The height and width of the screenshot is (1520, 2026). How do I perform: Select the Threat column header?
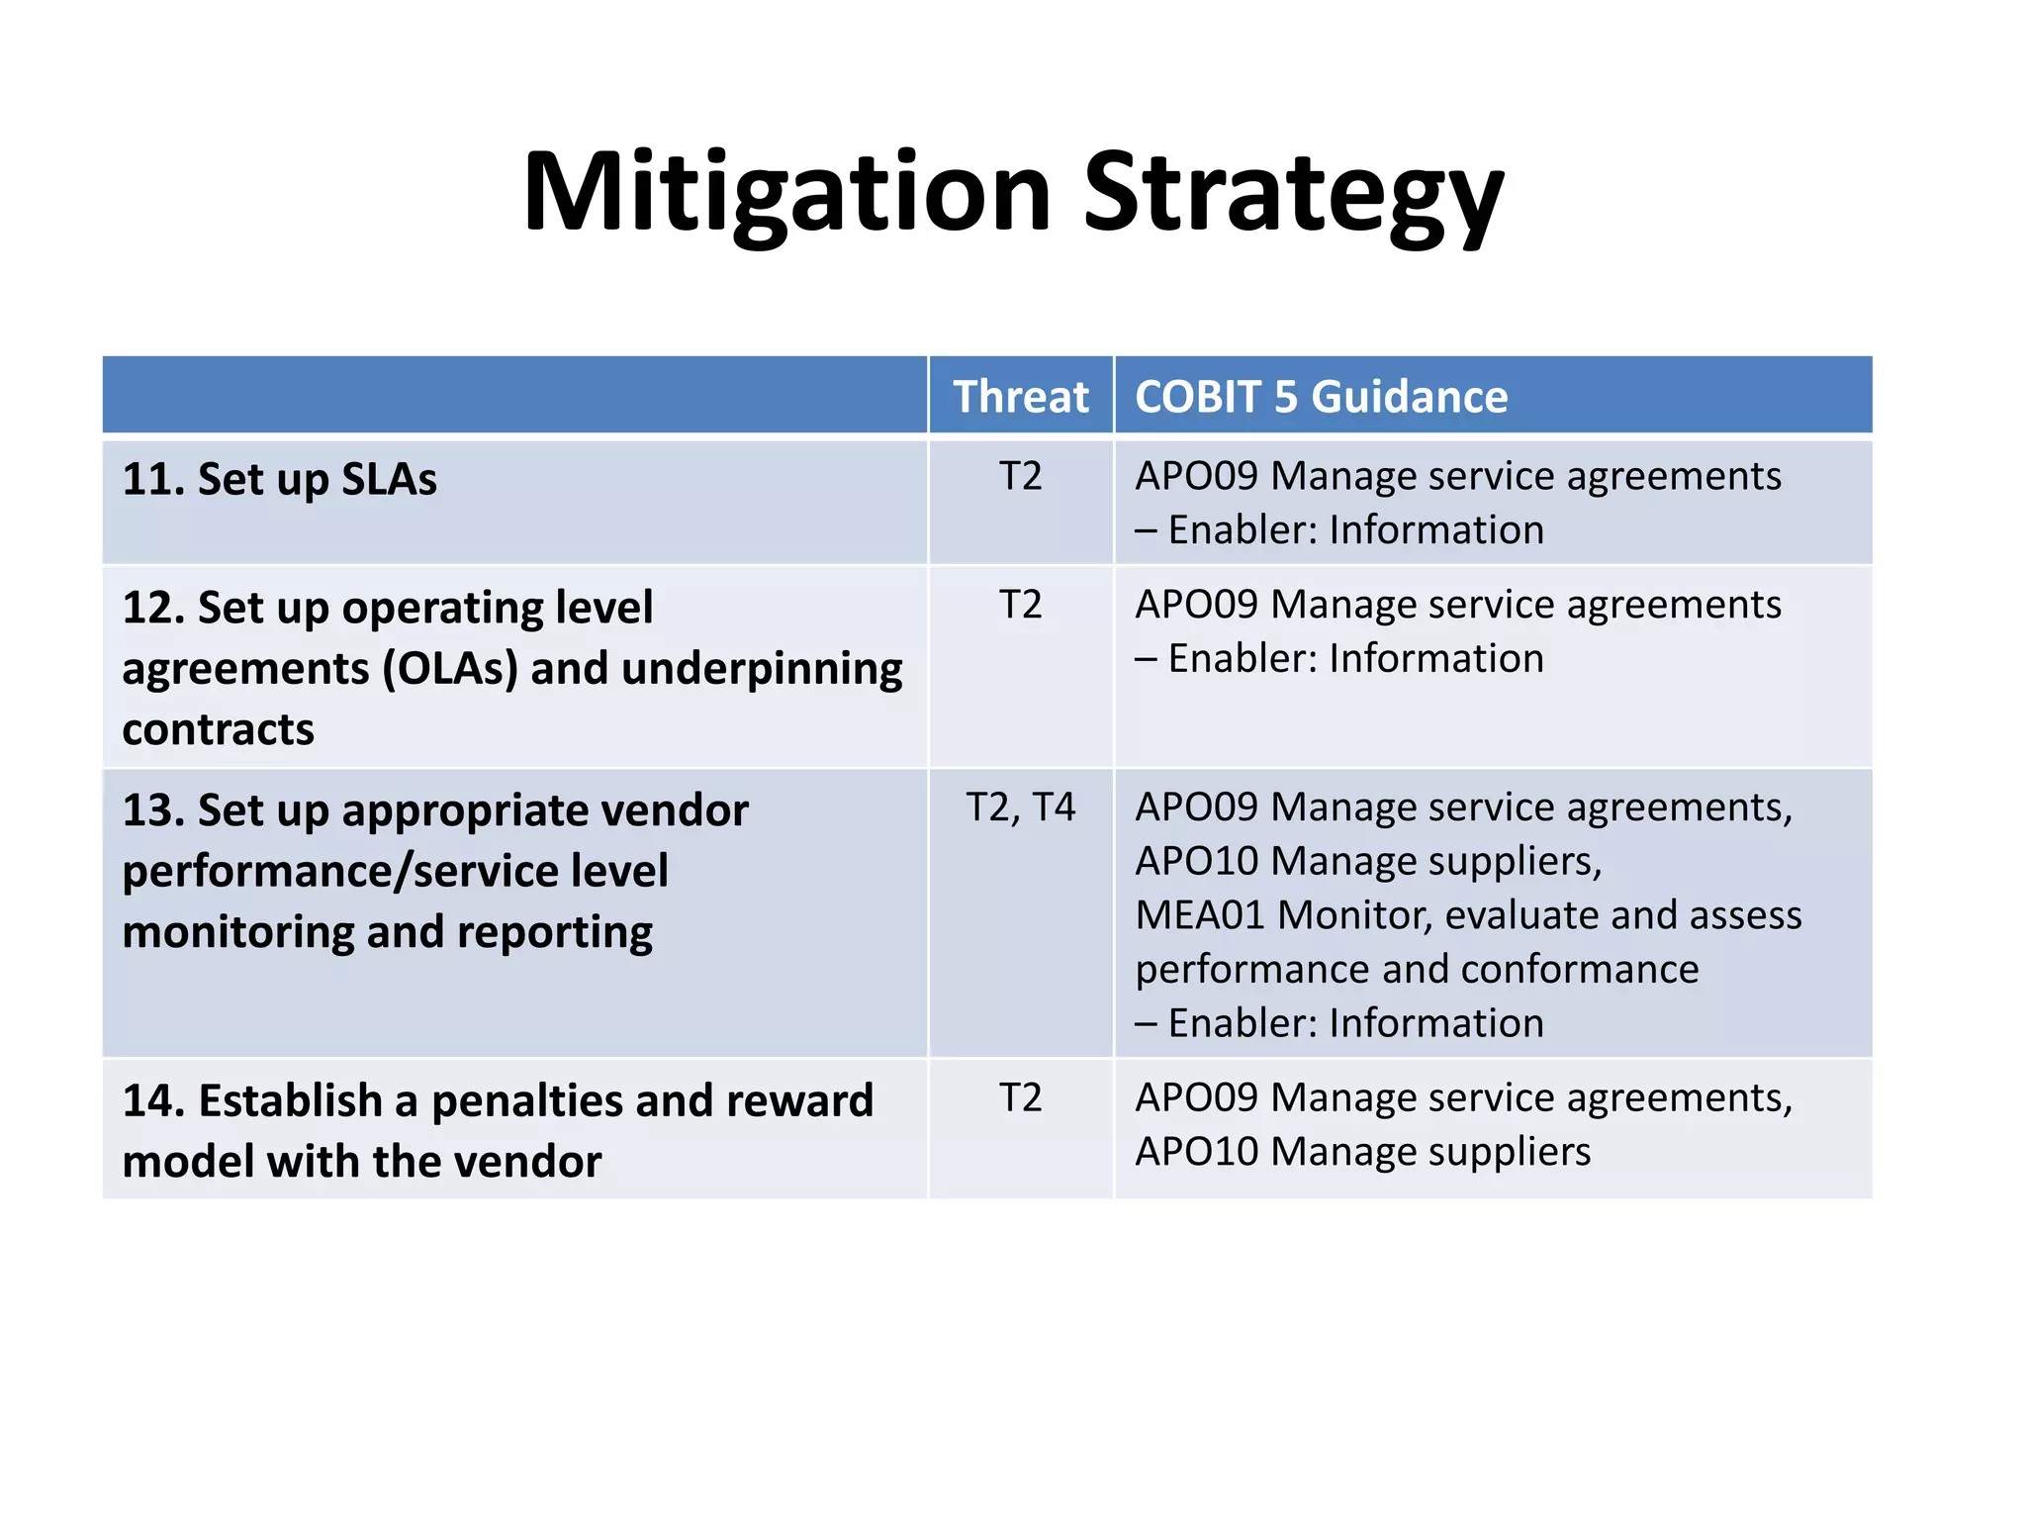tap(1020, 397)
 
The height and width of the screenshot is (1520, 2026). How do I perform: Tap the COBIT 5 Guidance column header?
tap(1321, 397)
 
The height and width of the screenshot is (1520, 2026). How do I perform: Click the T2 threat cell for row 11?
tap(1020, 477)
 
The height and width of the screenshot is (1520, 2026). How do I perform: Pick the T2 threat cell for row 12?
tap(1020, 605)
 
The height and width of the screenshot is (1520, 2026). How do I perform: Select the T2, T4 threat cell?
tap(1020, 807)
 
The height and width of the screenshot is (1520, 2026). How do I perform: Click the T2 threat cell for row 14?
tap(1020, 1097)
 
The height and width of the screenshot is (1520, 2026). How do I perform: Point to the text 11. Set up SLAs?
tap(279, 480)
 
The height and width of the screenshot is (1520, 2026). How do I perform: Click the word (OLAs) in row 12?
tap(450, 669)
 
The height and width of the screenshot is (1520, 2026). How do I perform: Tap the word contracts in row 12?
tap(218, 730)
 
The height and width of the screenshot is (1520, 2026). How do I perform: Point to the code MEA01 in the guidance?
tap(1199, 915)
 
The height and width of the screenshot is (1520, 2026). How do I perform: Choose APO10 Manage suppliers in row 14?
tap(1362, 1152)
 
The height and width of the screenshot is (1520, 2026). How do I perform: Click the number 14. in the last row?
tap(153, 1101)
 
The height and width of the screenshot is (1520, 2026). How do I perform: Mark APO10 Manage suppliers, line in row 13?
tap(1367, 862)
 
